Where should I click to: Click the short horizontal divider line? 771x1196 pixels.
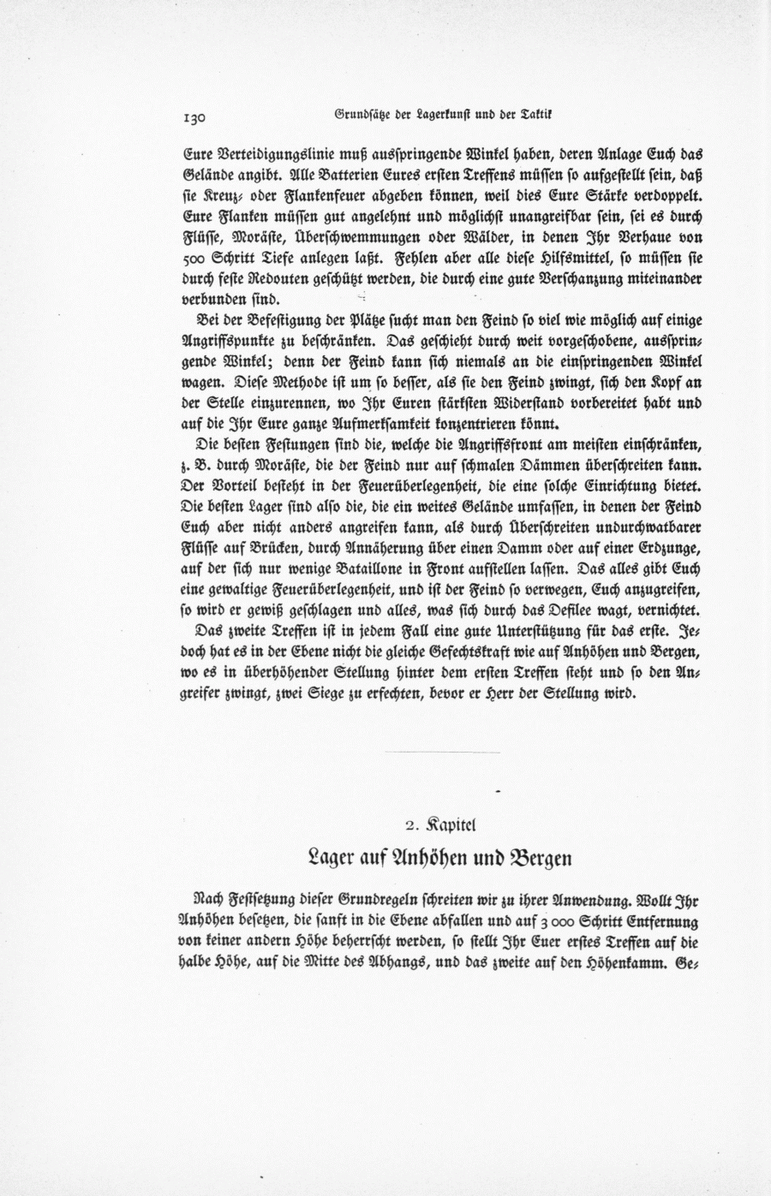442,752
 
